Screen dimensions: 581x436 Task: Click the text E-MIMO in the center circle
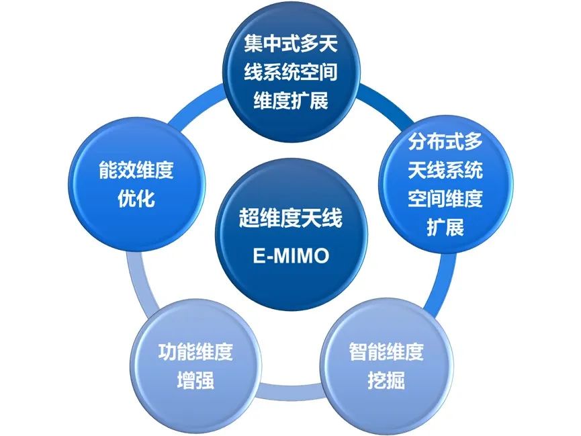[292, 256]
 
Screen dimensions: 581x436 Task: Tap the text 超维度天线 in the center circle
[290, 218]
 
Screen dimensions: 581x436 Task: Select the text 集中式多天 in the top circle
[291, 44]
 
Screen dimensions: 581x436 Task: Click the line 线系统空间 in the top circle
[291, 72]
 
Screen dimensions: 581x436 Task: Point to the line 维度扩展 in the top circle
[291, 100]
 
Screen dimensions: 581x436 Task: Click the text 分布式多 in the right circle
[445, 141]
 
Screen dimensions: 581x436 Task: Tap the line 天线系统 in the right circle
[445, 170]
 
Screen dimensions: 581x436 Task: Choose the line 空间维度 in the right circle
[445, 198]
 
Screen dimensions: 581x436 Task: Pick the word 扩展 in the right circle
[445, 227]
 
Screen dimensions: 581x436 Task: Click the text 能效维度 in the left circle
[136, 170]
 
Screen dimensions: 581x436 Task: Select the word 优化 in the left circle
[136, 198]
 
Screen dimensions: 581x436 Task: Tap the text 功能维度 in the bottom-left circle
[195, 352]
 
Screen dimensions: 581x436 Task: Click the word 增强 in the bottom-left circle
[195, 380]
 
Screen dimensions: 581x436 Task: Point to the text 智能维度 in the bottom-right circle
[386, 352]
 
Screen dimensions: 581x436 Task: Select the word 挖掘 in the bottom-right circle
[386, 380]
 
